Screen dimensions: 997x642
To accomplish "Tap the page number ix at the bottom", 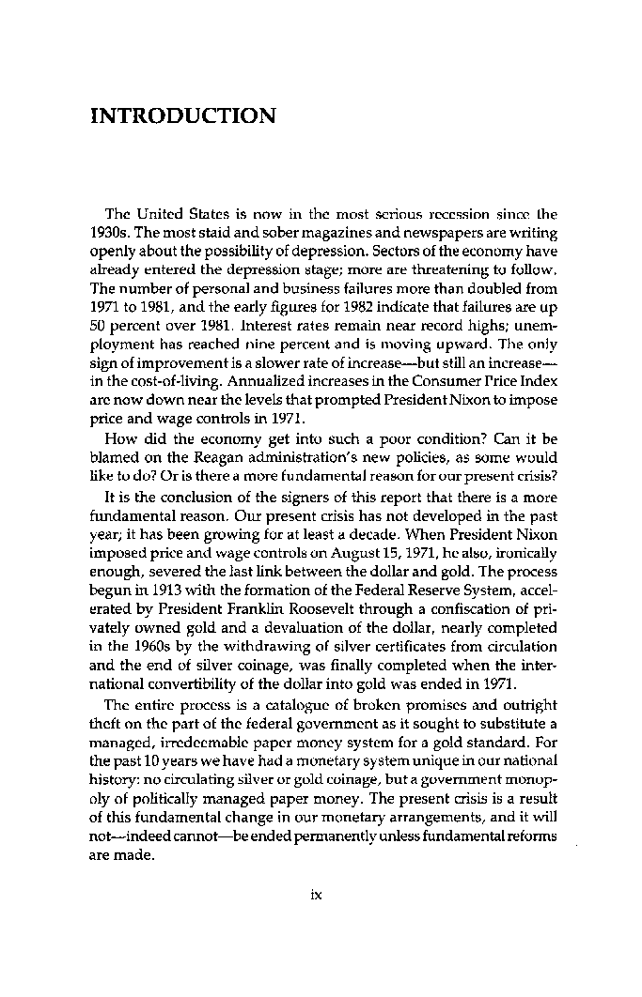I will pyautogui.click(x=317, y=895).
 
